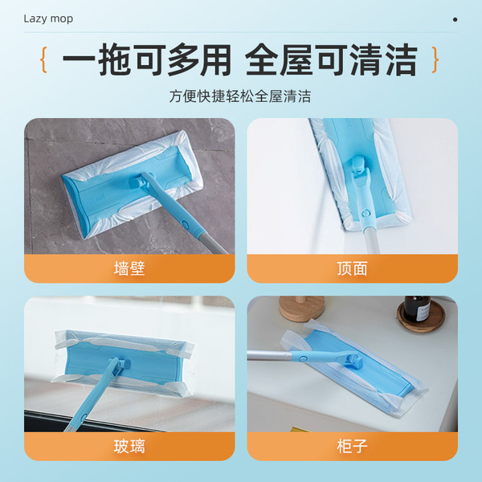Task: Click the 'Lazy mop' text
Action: (48, 18)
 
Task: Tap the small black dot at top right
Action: (455, 19)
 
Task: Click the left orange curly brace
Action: (44, 59)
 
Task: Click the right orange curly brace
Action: (435, 59)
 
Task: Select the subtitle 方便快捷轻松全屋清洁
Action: (240, 96)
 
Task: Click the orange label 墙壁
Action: (129, 268)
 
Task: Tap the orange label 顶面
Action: (353, 268)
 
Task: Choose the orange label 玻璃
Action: (129, 447)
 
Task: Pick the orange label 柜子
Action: (353, 447)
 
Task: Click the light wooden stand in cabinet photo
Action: (301, 308)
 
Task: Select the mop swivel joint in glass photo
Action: (122, 364)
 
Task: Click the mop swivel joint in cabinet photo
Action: (353, 361)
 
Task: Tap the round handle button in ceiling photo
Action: (365, 213)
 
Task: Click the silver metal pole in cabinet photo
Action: (269, 355)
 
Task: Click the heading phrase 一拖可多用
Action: (147, 60)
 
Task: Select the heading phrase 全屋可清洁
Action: (331, 60)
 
